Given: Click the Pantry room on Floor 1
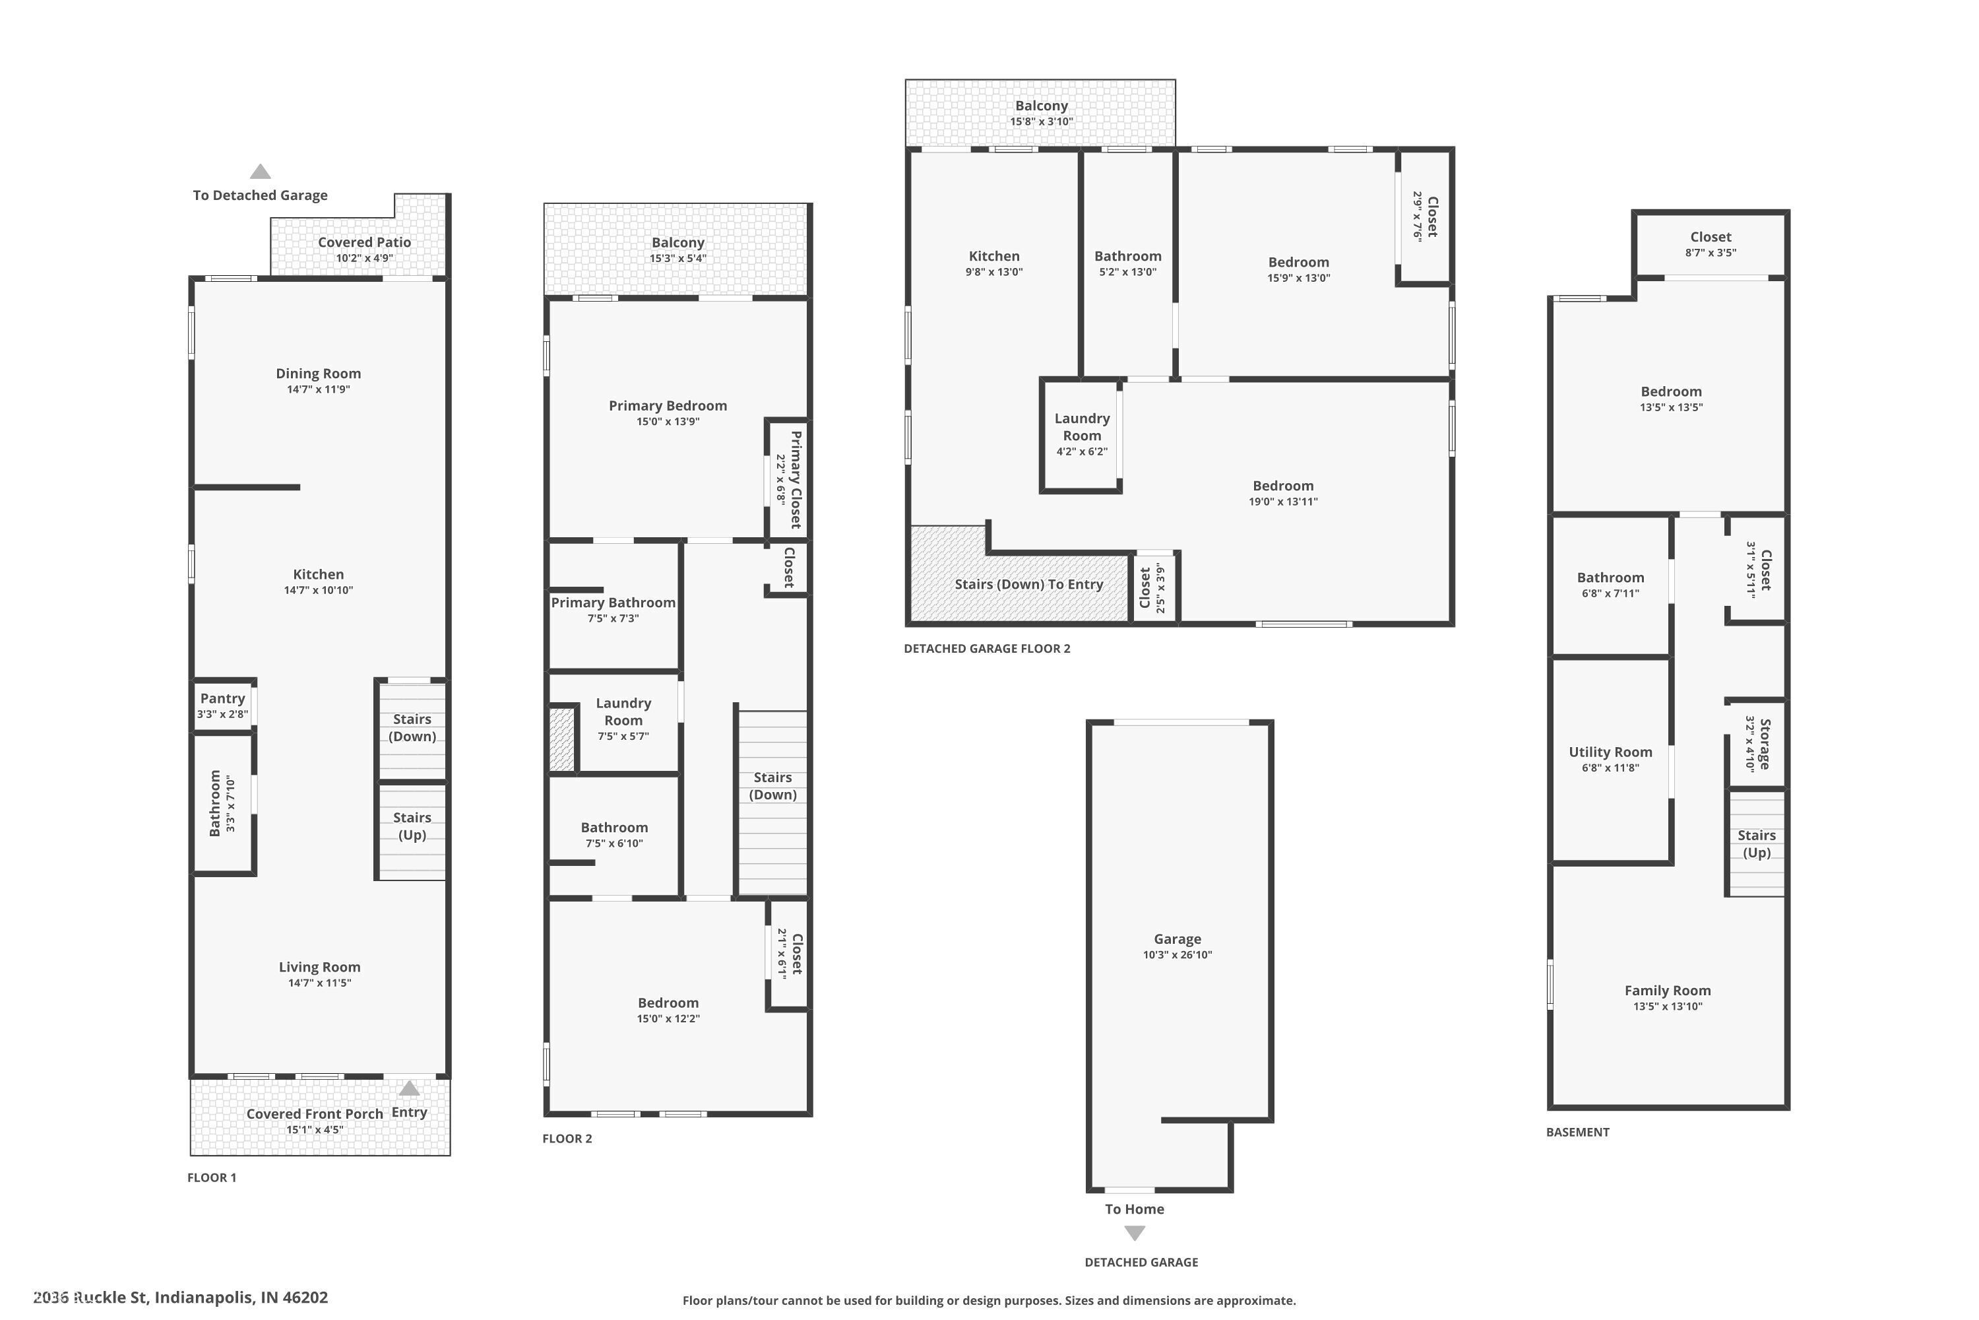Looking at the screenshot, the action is click(223, 706).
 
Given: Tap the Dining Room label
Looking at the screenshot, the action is click(318, 374).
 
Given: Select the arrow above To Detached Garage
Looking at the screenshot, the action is click(260, 172).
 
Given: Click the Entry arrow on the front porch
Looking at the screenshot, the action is click(409, 1088).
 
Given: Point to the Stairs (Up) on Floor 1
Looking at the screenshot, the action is click(412, 832).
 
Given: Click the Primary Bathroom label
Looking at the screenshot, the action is click(613, 603).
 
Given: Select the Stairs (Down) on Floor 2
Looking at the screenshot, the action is click(772, 803).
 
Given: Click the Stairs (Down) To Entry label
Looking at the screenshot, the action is click(1028, 584).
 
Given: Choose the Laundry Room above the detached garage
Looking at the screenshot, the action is click(1081, 435).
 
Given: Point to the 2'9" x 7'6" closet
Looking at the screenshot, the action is click(1424, 216).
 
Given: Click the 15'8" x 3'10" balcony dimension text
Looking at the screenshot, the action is click(1042, 121).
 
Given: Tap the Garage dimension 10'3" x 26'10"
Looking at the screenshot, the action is click(1177, 954).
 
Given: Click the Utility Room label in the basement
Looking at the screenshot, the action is click(1610, 752).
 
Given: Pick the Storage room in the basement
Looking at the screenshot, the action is click(1757, 744).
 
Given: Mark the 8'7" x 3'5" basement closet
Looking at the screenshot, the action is click(1711, 244).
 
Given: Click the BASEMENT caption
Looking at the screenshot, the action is click(1578, 1133).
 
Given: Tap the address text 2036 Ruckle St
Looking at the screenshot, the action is click(91, 1298).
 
